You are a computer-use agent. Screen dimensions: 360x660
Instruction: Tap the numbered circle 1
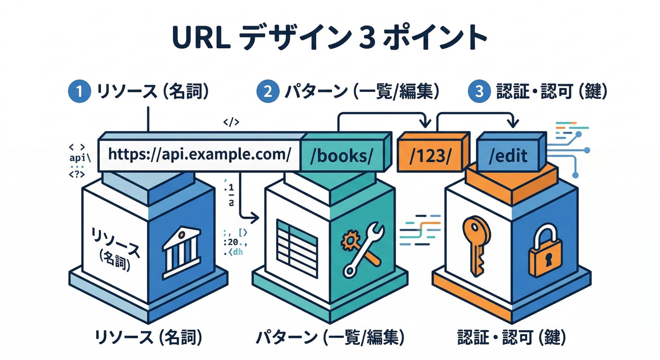click(x=79, y=91)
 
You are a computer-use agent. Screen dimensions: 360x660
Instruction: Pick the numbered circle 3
click(x=479, y=91)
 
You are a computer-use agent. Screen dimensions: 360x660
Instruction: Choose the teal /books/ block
click(x=345, y=155)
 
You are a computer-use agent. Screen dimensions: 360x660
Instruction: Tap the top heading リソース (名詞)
click(x=151, y=91)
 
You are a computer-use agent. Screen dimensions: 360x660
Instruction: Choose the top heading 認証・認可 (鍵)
click(x=551, y=91)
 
